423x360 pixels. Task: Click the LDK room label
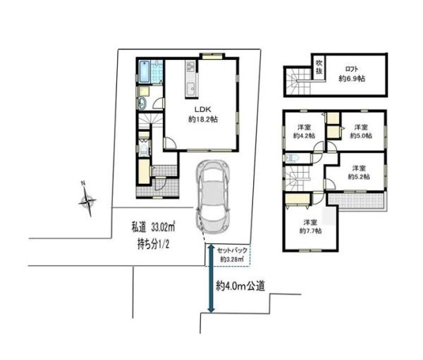[x=203, y=114]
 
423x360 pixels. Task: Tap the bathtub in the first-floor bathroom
[x=145, y=72]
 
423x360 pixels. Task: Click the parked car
[x=213, y=197]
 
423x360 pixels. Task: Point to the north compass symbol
[x=87, y=199]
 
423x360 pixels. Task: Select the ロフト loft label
[x=352, y=69]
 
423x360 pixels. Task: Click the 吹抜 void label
[x=319, y=67]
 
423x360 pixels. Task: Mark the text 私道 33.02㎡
[x=153, y=228]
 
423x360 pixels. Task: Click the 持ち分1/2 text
[x=153, y=245]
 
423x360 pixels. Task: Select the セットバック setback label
[x=232, y=251]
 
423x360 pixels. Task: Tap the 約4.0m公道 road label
[x=240, y=286]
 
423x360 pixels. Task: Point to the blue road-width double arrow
[x=211, y=278]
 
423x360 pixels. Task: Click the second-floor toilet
[x=290, y=158]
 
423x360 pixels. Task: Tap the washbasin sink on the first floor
[x=142, y=104]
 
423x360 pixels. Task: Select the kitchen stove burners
[x=190, y=66]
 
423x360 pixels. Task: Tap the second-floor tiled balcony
[x=356, y=201]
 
